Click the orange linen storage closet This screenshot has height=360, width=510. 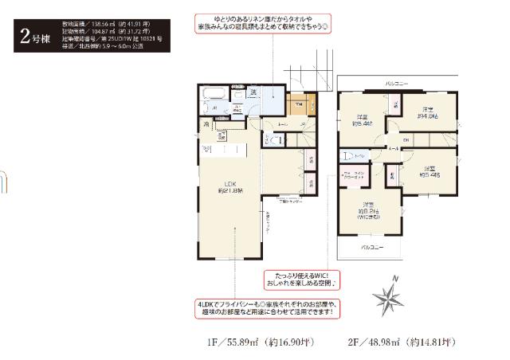pyautogui.click(x=297, y=107)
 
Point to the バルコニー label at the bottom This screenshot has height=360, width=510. pyautogui.click(x=372, y=248)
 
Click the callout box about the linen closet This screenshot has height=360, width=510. pyautogui.click(x=273, y=24)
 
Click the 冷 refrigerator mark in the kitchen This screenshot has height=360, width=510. pyautogui.click(x=205, y=124)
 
